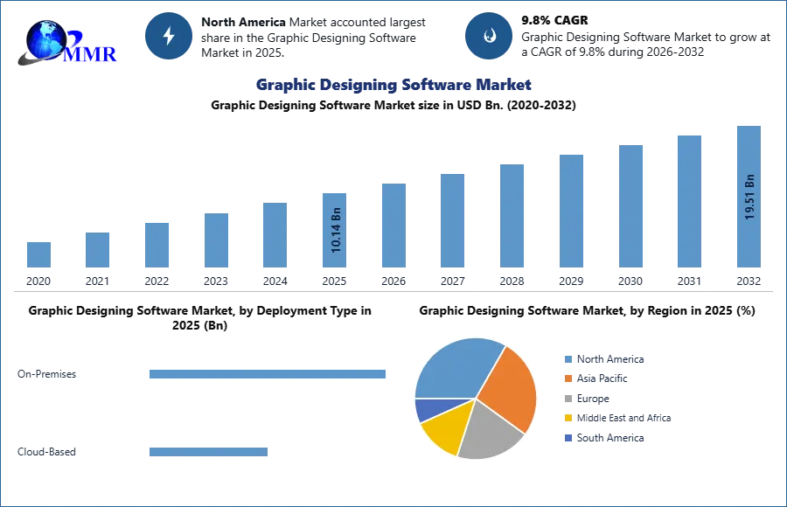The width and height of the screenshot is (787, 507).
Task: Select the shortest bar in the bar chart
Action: coord(38,254)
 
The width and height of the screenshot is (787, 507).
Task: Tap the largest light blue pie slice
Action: coord(455,366)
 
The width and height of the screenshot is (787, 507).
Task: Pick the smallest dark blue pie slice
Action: coord(427,408)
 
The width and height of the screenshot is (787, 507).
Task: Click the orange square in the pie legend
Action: coord(568,379)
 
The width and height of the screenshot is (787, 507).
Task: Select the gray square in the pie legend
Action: coord(568,399)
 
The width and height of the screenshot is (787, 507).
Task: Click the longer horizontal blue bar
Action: coord(268,374)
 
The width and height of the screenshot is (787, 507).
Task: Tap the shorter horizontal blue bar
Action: coord(209,454)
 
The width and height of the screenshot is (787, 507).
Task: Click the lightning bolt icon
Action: coord(169,36)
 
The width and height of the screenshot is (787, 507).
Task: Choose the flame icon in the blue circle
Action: coord(489,36)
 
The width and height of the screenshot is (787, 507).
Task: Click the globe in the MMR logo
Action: coord(45,38)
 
